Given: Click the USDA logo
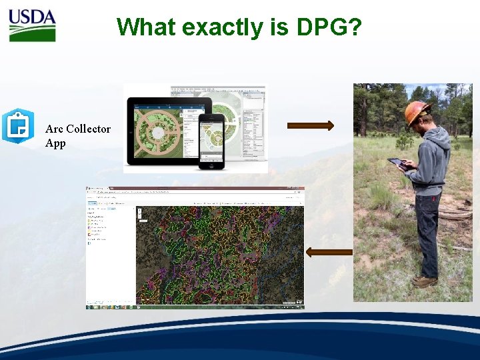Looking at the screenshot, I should [x=32, y=25].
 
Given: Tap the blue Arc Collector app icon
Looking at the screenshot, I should [x=17, y=126].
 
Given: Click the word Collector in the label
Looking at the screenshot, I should [x=88, y=129].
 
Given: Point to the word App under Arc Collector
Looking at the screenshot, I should [x=55, y=143].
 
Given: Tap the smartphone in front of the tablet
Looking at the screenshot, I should [x=213, y=141].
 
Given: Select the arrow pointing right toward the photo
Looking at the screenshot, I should [x=310, y=125].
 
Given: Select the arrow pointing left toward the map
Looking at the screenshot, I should [x=329, y=251].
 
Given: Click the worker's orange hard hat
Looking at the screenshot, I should [x=417, y=112].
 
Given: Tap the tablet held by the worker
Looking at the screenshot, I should [x=398, y=163].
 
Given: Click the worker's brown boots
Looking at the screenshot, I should [x=424, y=281].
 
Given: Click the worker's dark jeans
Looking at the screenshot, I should [x=427, y=233].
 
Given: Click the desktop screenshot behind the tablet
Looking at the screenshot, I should [x=240, y=113].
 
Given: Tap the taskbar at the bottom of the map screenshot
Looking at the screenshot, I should [x=195, y=307].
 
